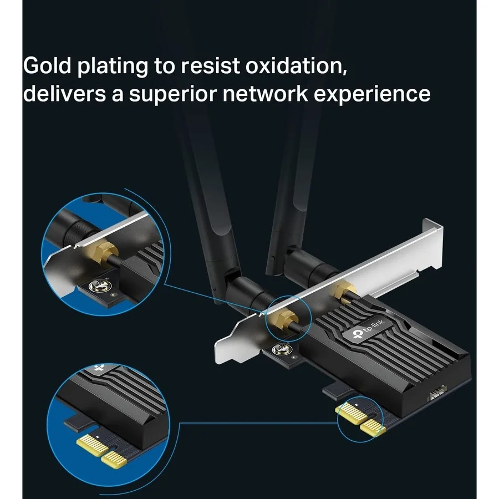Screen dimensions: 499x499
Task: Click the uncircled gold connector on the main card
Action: pyautogui.click(x=344, y=289)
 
